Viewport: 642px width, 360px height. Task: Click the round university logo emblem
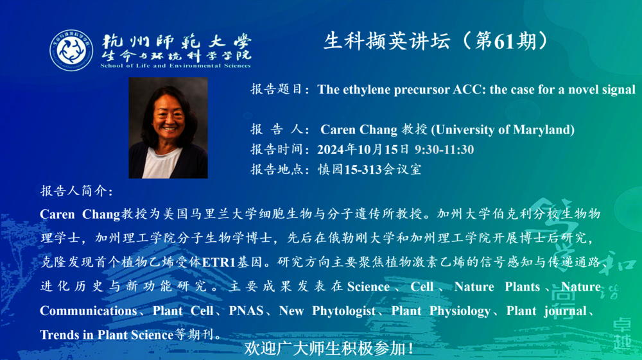click(x=71, y=50)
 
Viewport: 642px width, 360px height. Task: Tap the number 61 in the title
click(x=505, y=41)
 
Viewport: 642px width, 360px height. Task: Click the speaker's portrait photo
click(x=168, y=128)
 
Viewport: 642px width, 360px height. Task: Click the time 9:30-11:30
click(x=444, y=150)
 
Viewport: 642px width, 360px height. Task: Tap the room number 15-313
click(x=363, y=169)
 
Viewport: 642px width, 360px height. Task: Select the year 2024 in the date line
click(x=331, y=150)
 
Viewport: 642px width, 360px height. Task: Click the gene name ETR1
click(x=219, y=262)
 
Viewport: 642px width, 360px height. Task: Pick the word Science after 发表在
click(x=369, y=287)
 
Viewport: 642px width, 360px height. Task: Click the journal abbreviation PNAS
click(x=246, y=311)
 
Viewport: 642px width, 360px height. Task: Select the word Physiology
click(x=460, y=311)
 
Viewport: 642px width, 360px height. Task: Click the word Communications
click(x=89, y=311)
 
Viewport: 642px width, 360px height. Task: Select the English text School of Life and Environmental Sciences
click(x=176, y=65)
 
